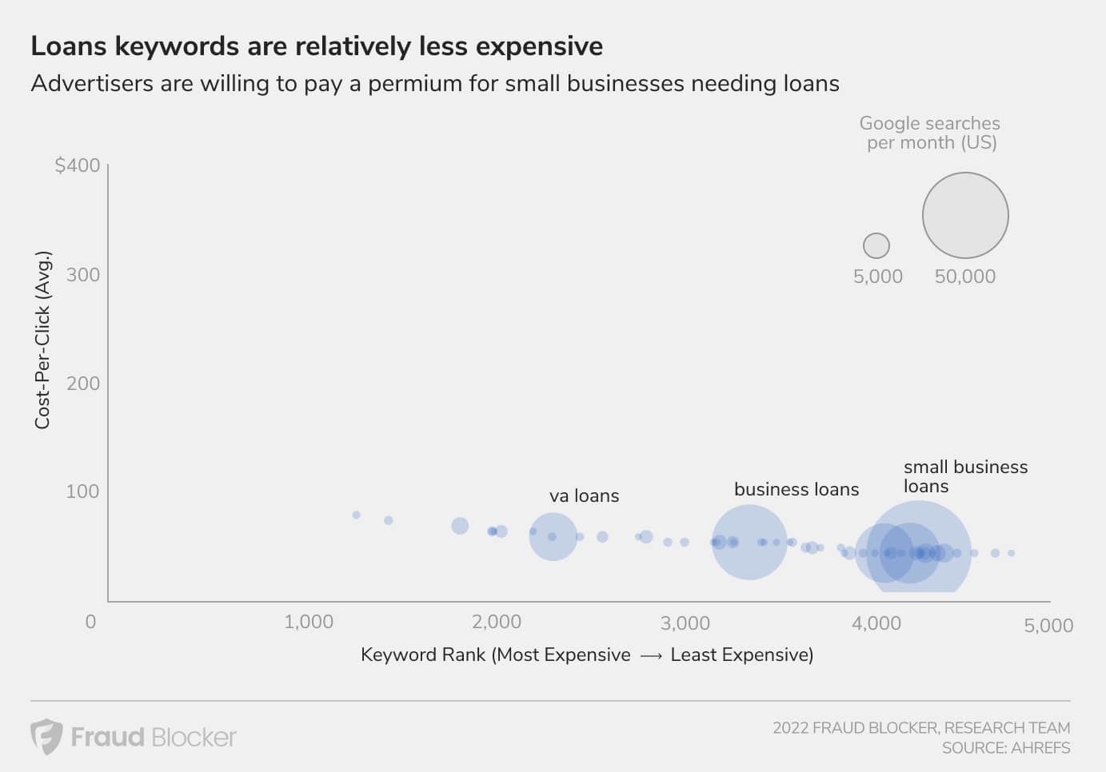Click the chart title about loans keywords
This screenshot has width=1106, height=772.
click(317, 46)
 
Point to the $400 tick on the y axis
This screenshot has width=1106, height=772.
click(78, 165)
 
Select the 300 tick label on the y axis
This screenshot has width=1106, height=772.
click(83, 275)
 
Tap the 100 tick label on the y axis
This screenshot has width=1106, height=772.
click(83, 491)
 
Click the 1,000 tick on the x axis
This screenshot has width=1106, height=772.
click(309, 622)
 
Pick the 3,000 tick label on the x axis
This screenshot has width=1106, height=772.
click(685, 623)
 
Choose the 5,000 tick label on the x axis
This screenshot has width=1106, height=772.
click(1048, 626)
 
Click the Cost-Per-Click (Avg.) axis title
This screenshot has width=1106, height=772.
click(42, 340)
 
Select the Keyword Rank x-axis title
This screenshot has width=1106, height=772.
click(586, 655)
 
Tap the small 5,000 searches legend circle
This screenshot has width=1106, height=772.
click(876, 245)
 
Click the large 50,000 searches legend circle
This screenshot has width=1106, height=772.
click(965, 216)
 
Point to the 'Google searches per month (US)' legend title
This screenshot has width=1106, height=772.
click(930, 133)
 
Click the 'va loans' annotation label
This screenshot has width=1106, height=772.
click(584, 496)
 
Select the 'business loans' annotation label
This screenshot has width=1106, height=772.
click(797, 489)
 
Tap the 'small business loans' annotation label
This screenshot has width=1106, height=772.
click(964, 476)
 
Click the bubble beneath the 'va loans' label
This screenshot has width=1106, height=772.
click(553, 536)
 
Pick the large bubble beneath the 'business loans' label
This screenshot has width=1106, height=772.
click(749, 542)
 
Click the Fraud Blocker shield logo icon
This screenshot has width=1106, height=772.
click(46, 736)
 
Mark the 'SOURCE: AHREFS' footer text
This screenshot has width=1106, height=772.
click(1005, 748)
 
